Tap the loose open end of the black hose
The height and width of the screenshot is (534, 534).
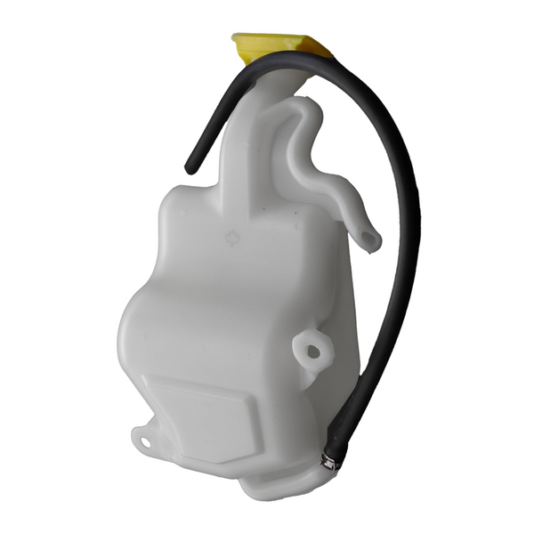click(x=190, y=166)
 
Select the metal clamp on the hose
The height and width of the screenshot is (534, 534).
click(x=329, y=460)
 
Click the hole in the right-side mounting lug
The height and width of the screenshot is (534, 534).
click(x=313, y=350)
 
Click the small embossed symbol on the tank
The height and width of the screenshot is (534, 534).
click(x=231, y=239)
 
